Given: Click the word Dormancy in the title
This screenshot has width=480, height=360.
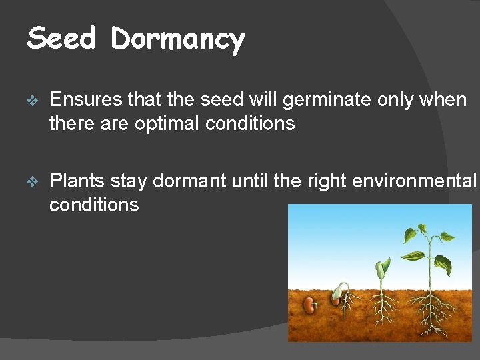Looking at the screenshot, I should (178, 40).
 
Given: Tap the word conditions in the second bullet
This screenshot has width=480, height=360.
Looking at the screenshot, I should (94, 204).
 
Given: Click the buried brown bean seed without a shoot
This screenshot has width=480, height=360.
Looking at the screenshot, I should (309, 305).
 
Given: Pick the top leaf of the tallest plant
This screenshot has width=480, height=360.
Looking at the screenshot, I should (421, 231).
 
